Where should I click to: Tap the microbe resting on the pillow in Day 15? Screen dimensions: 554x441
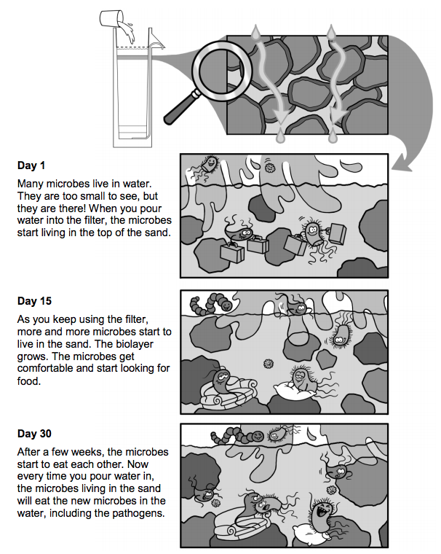(301, 378)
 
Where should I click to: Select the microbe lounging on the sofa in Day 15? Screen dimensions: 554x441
(221, 381)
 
